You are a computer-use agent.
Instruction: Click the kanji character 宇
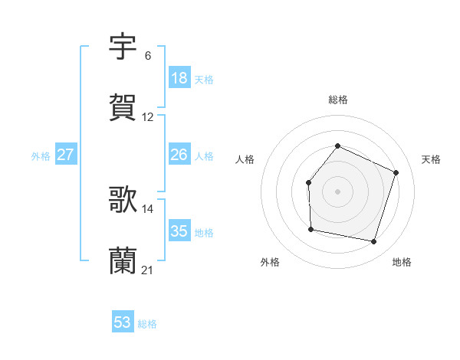pos(123,47)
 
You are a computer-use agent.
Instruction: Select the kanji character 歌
pos(123,201)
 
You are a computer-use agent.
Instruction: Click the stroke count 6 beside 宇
pos(148,56)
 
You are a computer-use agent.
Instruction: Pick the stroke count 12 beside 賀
pos(148,117)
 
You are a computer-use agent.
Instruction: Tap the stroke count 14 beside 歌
pos(148,209)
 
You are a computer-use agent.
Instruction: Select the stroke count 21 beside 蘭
pos(148,270)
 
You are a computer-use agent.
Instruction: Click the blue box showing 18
pos(179,78)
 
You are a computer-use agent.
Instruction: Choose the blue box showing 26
pos(179,155)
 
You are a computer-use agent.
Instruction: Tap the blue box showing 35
pos(179,231)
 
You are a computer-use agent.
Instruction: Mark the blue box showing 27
pos(66,155)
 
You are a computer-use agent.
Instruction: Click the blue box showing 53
pos(123,322)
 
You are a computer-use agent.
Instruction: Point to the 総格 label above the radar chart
pos(337,100)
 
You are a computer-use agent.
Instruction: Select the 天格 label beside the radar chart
pos(431,159)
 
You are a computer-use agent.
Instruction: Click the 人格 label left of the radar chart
pos(245,159)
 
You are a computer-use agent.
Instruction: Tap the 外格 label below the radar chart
pos(270,262)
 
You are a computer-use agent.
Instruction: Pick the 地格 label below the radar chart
pos(402,262)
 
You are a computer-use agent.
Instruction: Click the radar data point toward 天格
pos(396,172)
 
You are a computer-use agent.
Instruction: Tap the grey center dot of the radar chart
pos(337,191)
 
